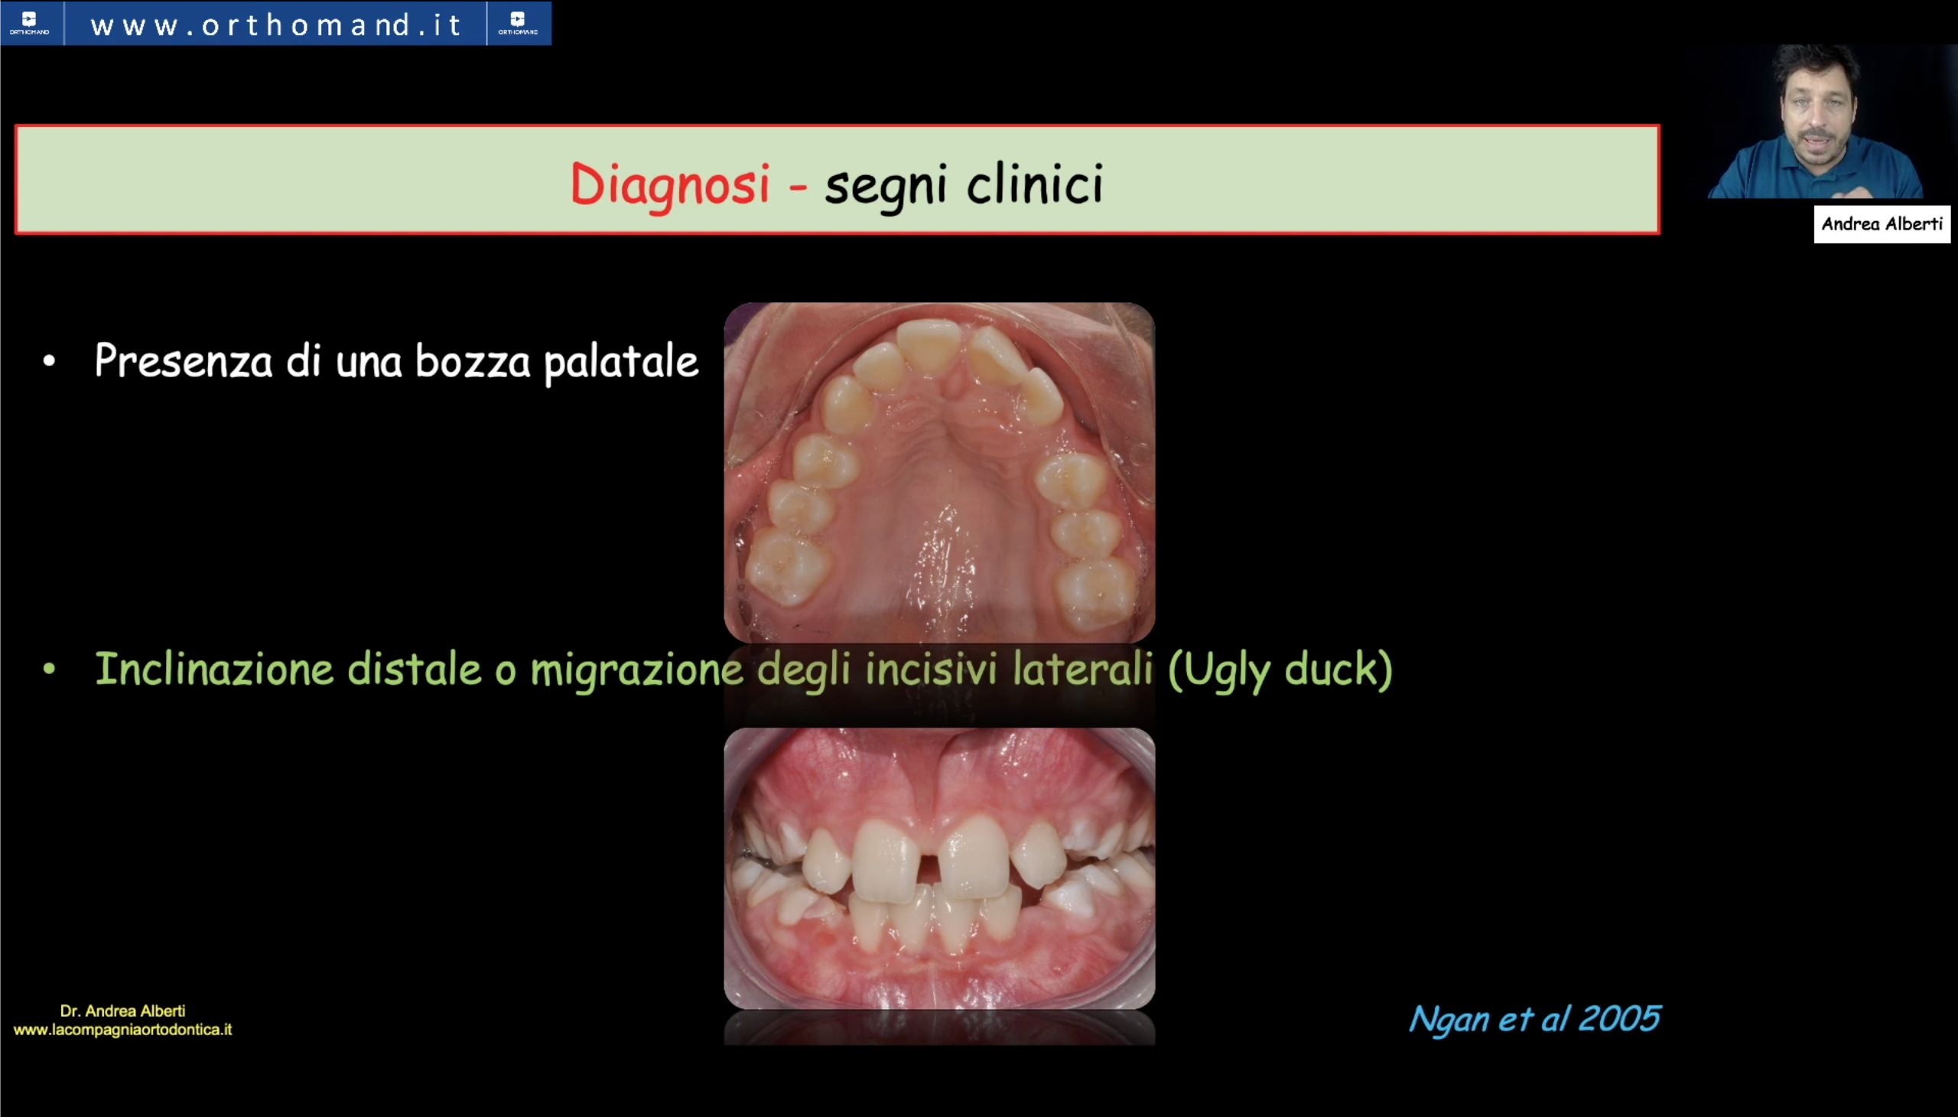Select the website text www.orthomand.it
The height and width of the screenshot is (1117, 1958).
[275, 25]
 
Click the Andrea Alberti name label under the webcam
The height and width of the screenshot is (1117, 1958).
[1882, 224]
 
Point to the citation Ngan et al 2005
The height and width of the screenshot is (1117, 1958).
[1534, 1019]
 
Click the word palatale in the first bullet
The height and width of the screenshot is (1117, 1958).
[621, 362]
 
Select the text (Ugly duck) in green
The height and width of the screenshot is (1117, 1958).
[1280, 669]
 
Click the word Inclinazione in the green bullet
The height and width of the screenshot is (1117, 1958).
[214, 668]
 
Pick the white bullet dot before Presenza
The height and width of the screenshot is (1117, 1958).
[50, 360]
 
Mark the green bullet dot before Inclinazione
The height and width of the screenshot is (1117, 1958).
[50, 669]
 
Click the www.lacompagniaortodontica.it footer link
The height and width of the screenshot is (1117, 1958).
[122, 1030]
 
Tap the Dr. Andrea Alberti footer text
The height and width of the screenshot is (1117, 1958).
[122, 1011]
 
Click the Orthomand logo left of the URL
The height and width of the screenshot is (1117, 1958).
[30, 23]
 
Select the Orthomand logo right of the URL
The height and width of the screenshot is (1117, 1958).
[519, 23]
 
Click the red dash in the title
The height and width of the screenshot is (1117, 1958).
[798, 187]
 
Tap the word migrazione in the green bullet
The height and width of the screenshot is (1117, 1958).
[636, 669]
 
